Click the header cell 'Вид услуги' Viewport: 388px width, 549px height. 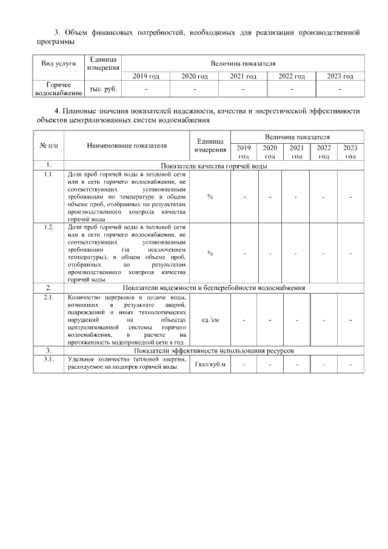pyautogui.click(x=58, y=63)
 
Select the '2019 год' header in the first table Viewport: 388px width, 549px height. pyautogui.click(x=145, y=76)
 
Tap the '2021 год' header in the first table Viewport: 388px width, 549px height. pyautogui.click(x=242, y=76)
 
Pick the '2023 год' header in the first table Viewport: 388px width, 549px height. pyautogui.click(x=339, y=76)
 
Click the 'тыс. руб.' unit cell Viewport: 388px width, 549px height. pyautogui.click(x=103, y=89)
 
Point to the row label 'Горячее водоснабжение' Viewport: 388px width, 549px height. pyautogui.click(x=58, y=89)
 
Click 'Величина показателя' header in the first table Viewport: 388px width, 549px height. pyautogui.click(x=242, y=63)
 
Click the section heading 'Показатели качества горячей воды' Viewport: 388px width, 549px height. pyautogui.click(x=213, y=166)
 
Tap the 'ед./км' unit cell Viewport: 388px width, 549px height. pyautogui.click(x=210, y=319)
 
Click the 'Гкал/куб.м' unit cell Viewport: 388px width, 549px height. pyautogui.click(x=210, y=365)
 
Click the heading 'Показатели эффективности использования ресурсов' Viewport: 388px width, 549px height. pyautogui.click(x=213, y=351)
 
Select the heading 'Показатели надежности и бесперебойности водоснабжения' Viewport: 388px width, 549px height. pyautogui.click(x=213, y=288)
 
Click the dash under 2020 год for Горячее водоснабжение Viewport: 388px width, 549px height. pyautogui.click(x=194, y=89)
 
